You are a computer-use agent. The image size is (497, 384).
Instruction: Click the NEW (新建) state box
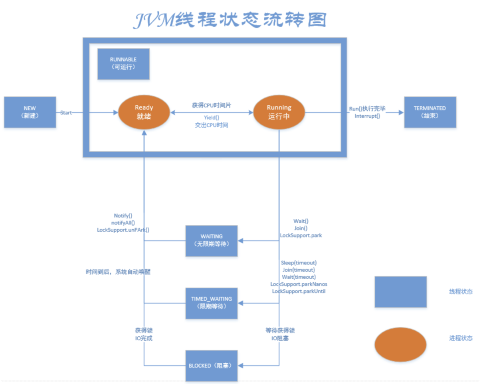[x=30, y=112]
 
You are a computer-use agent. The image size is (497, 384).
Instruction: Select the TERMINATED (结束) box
[x=430, y=112]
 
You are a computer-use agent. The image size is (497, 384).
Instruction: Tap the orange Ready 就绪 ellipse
[x=144, y=112]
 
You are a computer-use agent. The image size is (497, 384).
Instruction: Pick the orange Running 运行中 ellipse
[x=279, y=112]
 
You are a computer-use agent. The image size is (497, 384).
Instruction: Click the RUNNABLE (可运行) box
[x=123, y=64]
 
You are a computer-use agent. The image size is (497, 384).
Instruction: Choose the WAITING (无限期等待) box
[x=212, y=241]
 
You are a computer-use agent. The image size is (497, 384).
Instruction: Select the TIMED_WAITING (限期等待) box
[x=212, y=303]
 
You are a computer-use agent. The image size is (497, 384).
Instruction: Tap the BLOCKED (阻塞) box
[x=212, y=366]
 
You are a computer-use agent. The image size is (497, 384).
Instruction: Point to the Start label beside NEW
[x=66, y=113]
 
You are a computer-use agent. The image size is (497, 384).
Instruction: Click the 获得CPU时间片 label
[x=212, y=105]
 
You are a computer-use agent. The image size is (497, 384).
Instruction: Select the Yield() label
[x=212, y=118]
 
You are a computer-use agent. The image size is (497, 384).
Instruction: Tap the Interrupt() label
[x=367, y=116]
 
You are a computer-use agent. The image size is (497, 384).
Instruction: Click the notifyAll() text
[x=123, y=223]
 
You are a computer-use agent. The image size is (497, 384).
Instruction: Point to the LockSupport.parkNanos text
[x=299, y=284]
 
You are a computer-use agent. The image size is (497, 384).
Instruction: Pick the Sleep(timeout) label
[x=299, y=263]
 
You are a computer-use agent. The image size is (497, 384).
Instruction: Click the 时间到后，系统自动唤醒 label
[x=118, y=272]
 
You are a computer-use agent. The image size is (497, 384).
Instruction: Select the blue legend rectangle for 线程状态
[x=400, y=292]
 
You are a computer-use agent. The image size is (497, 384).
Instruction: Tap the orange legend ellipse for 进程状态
[x=400, y=344]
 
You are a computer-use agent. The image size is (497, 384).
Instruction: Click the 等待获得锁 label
[x=280, y=330]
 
